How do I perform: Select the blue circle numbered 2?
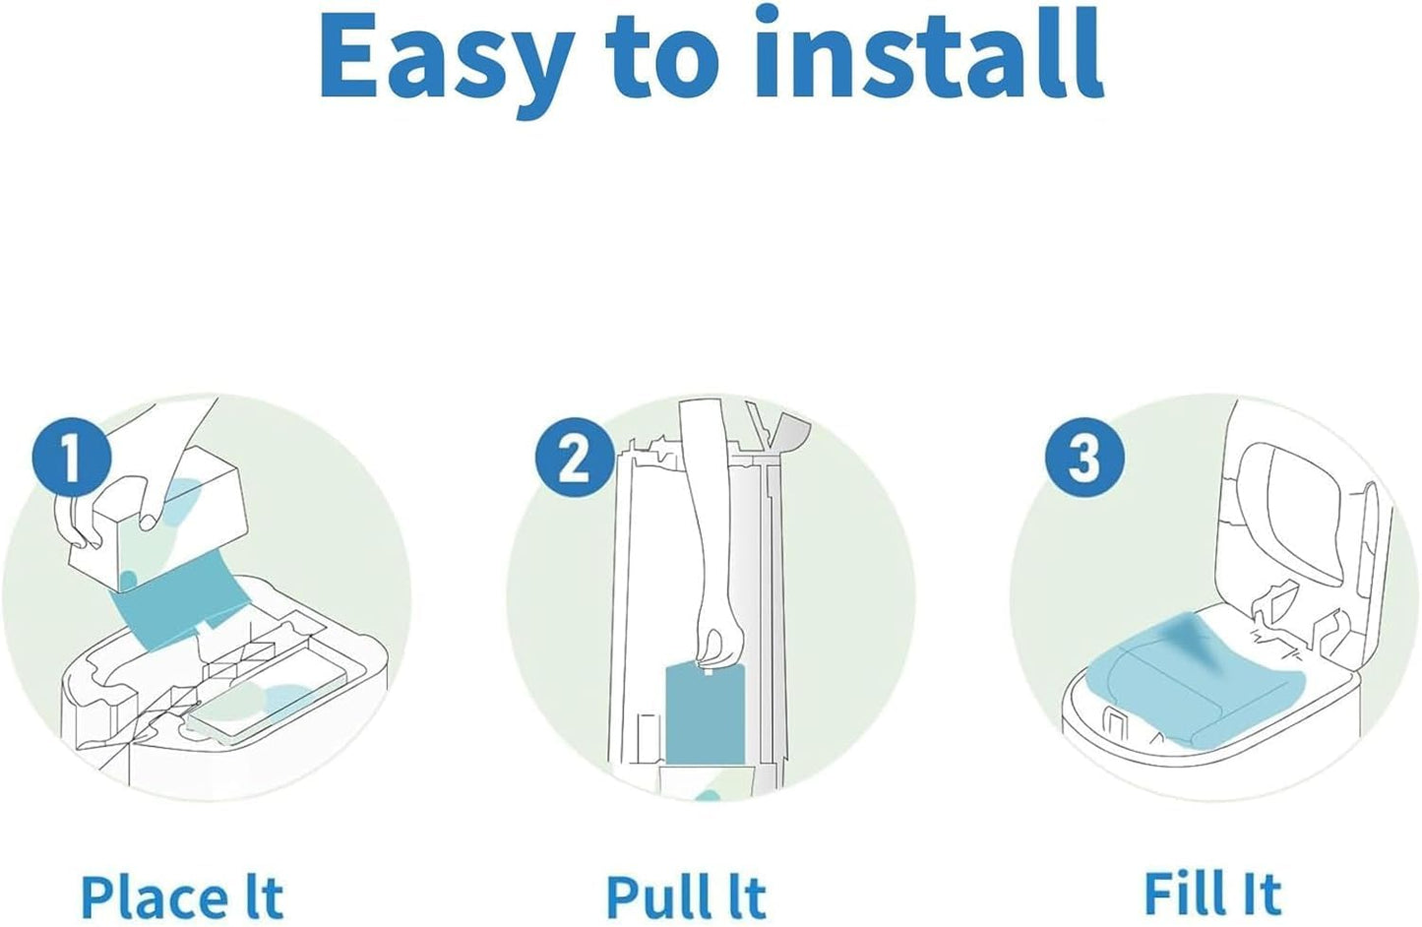click(x=575, y=459)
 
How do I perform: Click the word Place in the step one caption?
click(x=153, y=896)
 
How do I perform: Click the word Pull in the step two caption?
click(x=652, y=896)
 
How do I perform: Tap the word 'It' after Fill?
click(x=1261, y=894)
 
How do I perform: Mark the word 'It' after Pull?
click(x=744, y=896)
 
